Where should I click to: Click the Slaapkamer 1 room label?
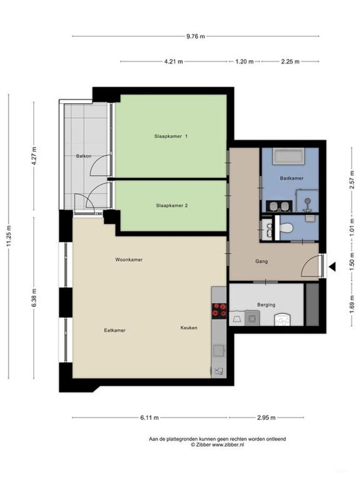[171, 136]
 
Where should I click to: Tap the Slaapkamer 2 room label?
[171, 205]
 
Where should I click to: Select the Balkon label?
[84, 156]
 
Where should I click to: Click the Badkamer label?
[292, 178]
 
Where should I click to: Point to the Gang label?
[262, 261]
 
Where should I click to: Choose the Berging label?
[266, 305]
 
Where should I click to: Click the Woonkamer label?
[129, 259]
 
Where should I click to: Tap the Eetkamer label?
[115, 330]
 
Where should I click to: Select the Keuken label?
[189, 328]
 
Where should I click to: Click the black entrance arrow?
[332, 267]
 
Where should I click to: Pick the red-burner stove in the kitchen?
[219, 310]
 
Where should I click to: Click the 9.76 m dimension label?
[195, 36]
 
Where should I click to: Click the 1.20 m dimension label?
[244, 61]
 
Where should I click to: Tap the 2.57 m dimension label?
[352, 178]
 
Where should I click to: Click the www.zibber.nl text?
[228, 444]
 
